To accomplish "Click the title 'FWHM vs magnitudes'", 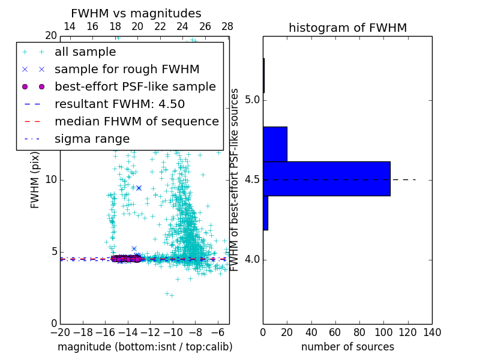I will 136,14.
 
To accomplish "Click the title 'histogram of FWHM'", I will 347,28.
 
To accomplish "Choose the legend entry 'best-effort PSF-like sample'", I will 135,86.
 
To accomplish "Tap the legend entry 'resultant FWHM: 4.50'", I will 119,104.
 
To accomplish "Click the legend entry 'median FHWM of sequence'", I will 136,121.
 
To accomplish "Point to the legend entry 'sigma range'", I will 92,139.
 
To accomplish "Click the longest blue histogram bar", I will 326,178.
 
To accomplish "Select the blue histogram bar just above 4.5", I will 275,144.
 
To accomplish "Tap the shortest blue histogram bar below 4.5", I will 265,213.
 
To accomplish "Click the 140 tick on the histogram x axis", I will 432,332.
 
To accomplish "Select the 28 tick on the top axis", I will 227,26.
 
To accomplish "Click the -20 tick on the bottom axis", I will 60,332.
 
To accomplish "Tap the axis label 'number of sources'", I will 347,347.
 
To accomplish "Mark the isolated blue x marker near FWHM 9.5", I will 139,188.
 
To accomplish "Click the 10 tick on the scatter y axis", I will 50,179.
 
